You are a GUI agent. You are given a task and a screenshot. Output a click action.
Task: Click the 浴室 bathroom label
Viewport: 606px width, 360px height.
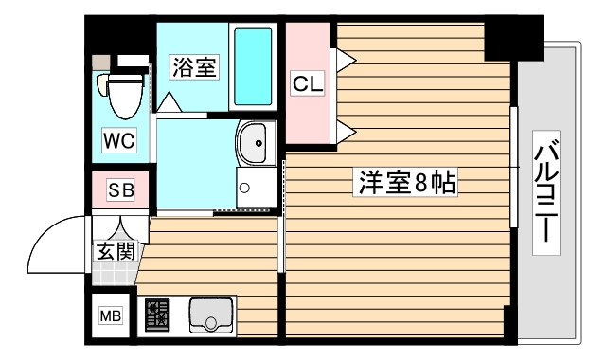194,67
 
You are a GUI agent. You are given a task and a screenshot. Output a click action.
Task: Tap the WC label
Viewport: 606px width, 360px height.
119,142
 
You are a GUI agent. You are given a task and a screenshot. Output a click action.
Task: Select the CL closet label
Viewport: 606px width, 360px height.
307,83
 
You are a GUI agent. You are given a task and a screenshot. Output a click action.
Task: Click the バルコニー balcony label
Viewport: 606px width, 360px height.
544,194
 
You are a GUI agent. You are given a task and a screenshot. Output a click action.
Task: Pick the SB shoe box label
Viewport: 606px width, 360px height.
119,190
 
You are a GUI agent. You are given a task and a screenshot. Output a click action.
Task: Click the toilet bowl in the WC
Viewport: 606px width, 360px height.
120,95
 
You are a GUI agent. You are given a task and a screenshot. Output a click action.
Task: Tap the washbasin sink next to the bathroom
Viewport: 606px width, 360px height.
253,144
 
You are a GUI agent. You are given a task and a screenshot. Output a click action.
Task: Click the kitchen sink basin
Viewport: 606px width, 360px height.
209,315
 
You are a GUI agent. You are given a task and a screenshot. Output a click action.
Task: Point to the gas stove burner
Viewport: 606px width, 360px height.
157,315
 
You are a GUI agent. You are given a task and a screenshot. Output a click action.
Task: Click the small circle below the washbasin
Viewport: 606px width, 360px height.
244,187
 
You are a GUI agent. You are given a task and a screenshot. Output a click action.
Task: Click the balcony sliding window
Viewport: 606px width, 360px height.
514,167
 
